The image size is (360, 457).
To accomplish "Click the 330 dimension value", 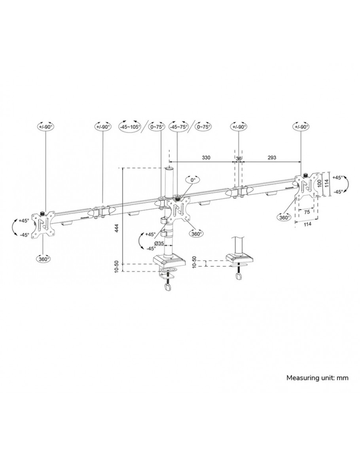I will click(206, 157).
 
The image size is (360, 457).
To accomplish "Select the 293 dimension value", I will click(271, 157).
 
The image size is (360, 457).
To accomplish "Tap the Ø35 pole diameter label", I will click(159, 243).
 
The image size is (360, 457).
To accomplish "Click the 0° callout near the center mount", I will click(193, 180).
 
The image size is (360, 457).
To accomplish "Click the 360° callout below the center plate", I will click(196, 233).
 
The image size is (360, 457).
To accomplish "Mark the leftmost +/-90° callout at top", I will click(45, 127).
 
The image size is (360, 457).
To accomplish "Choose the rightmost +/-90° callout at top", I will click(301, 127).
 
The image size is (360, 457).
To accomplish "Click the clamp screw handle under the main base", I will click(167, 288).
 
